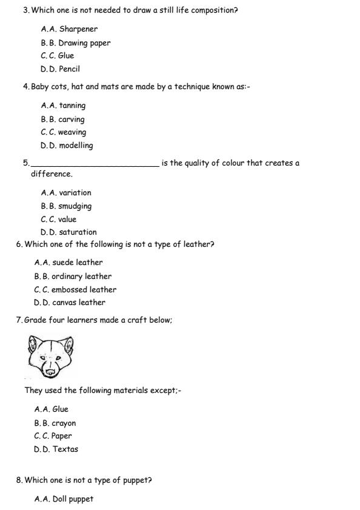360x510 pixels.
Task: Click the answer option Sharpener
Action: pos(78,29)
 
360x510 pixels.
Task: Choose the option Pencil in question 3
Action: pos(69,69)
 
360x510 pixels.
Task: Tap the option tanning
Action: pos(72,106)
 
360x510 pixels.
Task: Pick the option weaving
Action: pos(72,132)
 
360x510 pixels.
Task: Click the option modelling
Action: pos(76,146)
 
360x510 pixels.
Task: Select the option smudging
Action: pos(75,206)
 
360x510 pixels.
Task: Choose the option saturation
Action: pos(78,232)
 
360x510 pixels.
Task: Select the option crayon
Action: pos(64,423)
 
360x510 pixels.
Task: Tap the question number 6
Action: pos(19,244)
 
